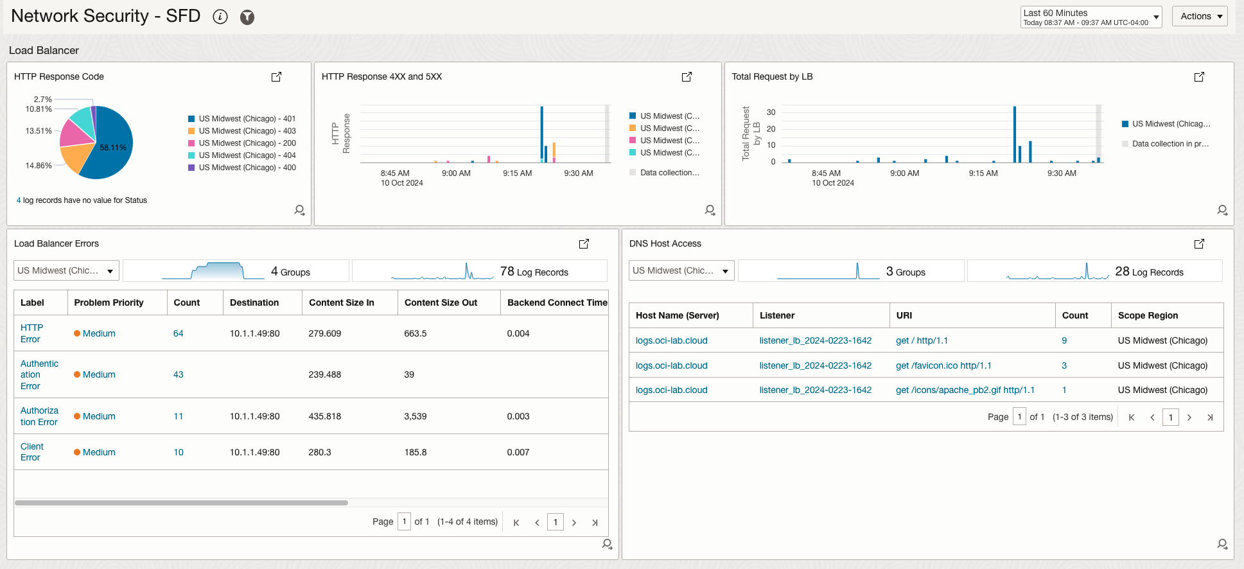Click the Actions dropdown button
click(1199, 16)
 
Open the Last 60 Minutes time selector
click(1091, 17)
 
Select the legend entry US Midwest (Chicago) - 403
click(247, 131)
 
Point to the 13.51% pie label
click(39, 131)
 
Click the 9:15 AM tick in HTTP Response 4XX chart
click(517, 173)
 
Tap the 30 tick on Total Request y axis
click(771, 112)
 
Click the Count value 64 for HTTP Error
click(178, 334)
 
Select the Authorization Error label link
click(39, 416)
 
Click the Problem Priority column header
click(109, 302)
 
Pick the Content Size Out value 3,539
click(415, 416)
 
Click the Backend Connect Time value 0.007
click(518, 452)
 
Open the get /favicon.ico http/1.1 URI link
click(943, 365)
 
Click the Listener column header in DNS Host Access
click(776, 315)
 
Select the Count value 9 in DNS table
click(1064, 340)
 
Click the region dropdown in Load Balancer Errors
click(66, 271)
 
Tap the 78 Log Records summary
click(534, 272)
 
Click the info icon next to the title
click(220, 17)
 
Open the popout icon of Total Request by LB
click(1198, 77)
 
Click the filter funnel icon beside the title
click(247, 17)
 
